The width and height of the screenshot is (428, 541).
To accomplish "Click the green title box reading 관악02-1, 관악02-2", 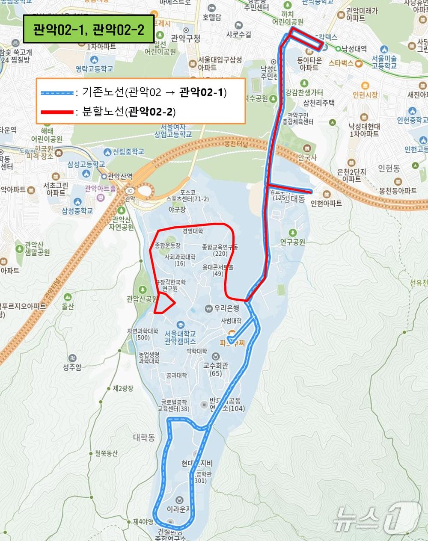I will (x=89, y=30).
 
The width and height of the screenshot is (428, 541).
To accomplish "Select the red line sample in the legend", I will (x=57, y=112).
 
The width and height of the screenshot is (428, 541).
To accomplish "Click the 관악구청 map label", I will (x=185, y=38).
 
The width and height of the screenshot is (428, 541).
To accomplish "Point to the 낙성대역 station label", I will (x=354, y=49).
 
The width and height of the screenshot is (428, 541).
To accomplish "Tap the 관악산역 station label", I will (x=119, y=176).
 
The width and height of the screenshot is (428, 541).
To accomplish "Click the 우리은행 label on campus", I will (x=226, y=308).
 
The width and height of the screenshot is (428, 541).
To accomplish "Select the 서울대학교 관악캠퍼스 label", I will (x=180, y=337).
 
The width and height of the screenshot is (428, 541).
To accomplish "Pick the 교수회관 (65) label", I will (x=216, y=369).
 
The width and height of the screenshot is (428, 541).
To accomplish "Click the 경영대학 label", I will (x=193, y=231).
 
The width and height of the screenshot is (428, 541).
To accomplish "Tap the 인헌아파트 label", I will (x=326, y=203).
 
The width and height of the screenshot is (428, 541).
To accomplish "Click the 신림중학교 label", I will (x=128, y=152).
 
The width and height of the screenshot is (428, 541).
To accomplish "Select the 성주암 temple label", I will (x=72, y=367).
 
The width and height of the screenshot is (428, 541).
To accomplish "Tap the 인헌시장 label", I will (x=365, y=95).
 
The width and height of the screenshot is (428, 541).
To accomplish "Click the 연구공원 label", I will (x=293, y=242).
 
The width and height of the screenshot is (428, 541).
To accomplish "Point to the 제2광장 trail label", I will (x=123, y=388).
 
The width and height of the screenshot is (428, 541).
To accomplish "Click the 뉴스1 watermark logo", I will (x=377, y=519).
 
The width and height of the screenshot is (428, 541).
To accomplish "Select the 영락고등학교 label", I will (x=94, y=68).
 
